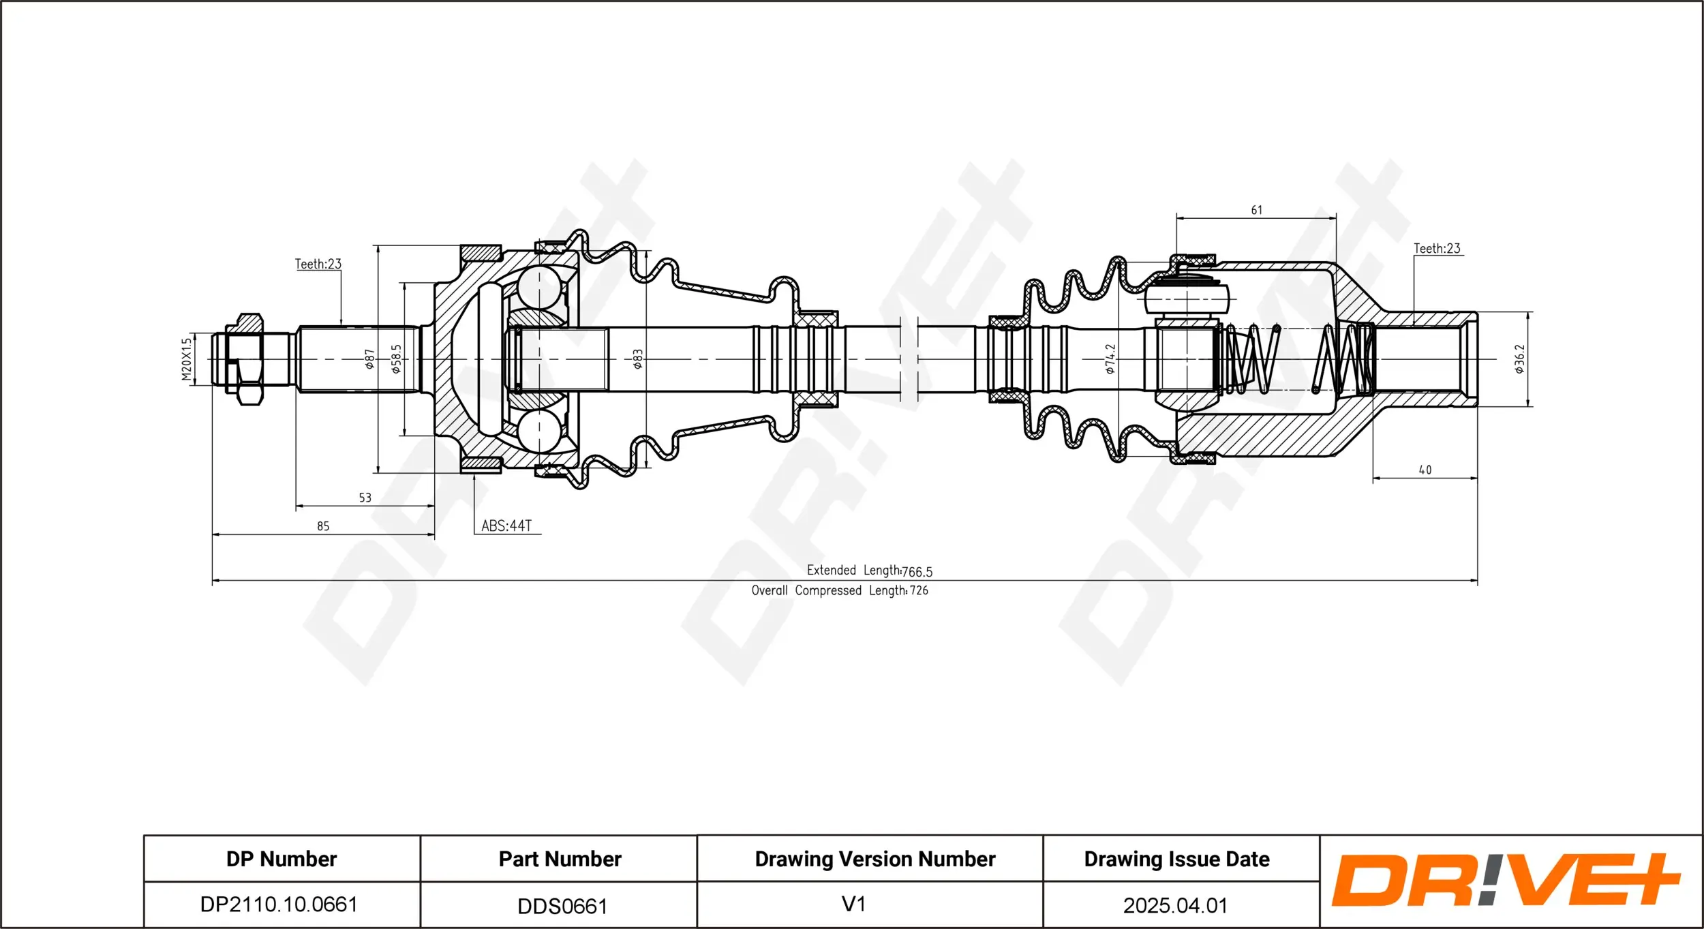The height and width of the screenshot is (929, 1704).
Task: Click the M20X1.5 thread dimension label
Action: tap(186, 359)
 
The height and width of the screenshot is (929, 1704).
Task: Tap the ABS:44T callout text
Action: tap(506, 526)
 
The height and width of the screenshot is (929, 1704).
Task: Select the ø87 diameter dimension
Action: tap(369, 359)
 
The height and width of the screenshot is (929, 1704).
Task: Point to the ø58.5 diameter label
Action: tap(396, 359)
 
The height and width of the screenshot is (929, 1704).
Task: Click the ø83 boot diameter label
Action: tap(637, 359)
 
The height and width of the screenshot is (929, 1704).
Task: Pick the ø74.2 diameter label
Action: tap(1110, 359)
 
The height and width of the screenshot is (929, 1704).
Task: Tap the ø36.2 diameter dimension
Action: tap(1519, 359)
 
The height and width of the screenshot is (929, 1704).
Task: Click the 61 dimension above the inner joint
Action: tap(1256, 210)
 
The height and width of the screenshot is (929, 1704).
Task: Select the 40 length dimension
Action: tap(1425, 470)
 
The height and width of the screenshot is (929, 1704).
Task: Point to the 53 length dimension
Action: tap(365, 498)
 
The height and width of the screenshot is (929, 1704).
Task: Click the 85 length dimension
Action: tap(323, 526)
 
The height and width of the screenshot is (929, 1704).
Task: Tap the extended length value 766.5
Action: tap(917, 572)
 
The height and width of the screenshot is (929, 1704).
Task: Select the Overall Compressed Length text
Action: tap(839, 590)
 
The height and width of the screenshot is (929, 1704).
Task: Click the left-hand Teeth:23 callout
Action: tap(318, 264)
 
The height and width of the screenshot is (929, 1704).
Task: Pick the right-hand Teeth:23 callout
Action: tap(1437, 249)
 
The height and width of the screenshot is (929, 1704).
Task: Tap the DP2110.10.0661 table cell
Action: tap(279, 904)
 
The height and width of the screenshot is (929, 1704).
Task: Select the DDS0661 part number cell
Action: tap(562, 906)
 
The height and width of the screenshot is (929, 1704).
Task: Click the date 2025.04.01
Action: tap(1175, 905)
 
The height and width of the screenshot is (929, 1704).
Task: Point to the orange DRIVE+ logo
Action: tap(1505, 880)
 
